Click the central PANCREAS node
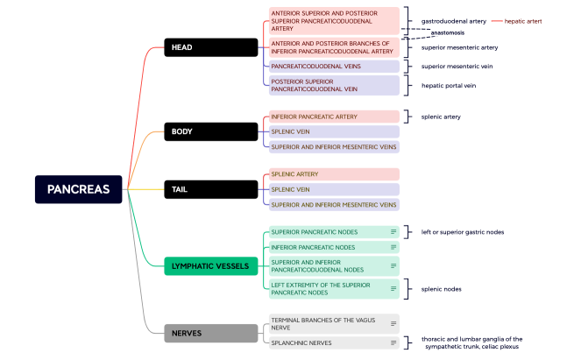point(78,189)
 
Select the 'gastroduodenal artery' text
point(454,20)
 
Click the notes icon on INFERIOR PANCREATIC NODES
point(393,247)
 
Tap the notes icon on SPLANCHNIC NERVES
point(393,342)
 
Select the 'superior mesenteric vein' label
point(460,66)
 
